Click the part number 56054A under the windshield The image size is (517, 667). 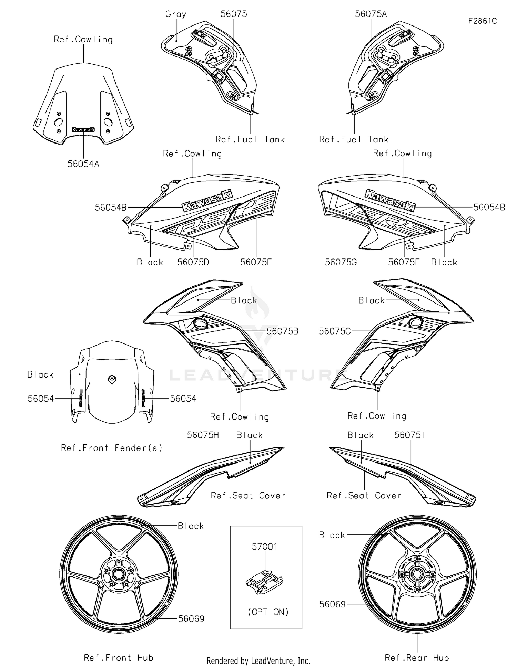83,164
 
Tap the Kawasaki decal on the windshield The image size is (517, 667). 83,130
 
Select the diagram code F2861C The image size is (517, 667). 482,21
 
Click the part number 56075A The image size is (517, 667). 371,14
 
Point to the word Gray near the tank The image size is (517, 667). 175,14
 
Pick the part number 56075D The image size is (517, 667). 193,262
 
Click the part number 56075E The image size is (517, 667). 256,262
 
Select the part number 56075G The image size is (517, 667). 341,262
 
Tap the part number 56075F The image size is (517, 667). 404,262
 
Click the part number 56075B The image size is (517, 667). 282,331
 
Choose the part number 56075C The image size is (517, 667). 335,331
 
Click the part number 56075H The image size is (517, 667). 203,435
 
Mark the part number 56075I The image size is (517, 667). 409,435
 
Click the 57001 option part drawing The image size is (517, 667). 265,582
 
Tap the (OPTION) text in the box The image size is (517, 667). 268,612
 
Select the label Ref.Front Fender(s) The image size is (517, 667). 111,448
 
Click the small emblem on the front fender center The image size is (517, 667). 112,379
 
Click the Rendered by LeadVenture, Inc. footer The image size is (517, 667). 258,660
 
